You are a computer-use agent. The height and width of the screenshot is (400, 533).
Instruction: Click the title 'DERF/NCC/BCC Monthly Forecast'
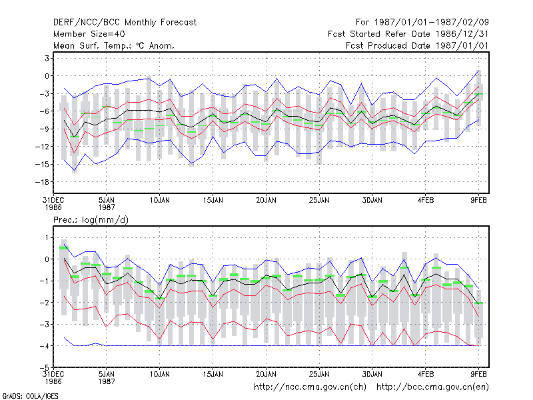pyautogui.click(x=125, y=23)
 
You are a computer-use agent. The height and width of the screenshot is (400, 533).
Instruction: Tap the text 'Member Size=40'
pyautogui.click(x=89, y=34)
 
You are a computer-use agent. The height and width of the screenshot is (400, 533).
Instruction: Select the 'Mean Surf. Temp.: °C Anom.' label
pyautogui.click(x=114, y=45)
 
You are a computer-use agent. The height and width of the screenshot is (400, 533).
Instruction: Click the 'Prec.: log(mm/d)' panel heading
pyautogui.click(x=91, y=220)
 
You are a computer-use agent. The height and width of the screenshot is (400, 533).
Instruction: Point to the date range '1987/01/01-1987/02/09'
pyautogui.click(x=432, y=23)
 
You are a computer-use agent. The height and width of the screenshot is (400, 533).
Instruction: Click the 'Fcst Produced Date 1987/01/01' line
pyautogui.click(x=417, y=45)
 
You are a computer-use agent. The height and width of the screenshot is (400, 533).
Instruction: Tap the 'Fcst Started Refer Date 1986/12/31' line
pyautogui.click(x=408, y=34)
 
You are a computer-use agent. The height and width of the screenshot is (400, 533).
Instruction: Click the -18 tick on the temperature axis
pyautogui.click(x=42, y=182)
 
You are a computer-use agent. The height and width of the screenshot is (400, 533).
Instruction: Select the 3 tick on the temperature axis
pyautogui.click(x=47, y=59)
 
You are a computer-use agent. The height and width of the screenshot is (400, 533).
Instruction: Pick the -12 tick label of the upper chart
pyautogui.click(x=42, y=147)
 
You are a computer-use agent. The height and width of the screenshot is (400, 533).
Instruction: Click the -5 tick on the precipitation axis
pyautogui.click(x=45, y=368)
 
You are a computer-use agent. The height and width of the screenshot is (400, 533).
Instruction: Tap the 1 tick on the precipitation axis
pyautogui.click(x=47, y=237)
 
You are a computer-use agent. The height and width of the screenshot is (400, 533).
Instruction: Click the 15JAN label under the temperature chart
pyautogui.click(x=213, y=201)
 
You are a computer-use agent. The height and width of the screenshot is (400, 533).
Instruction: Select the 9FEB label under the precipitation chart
pyautogui.click(x=478, y=374)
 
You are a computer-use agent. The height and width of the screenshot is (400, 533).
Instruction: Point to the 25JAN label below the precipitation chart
pyautogui.click(x=320, y=374)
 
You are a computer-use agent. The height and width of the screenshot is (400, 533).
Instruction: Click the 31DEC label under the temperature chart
pyautogui.click(x=53, y=201)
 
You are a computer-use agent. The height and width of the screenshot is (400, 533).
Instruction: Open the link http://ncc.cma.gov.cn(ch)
pyautogui.click(x=310, y=387)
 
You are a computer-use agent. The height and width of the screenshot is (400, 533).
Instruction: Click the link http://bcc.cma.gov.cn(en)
pyautogui.click(x=432, y=387)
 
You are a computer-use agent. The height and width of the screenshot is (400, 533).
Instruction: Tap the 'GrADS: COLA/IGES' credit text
pyautogui.click(x=30, y=396)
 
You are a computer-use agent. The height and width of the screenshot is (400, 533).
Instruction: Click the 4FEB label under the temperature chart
pyautogui.click(x=426, y=201)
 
